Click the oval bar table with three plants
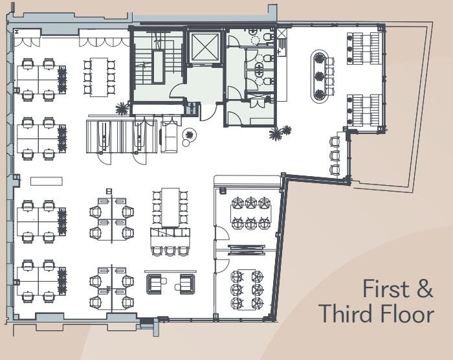pos(319,76)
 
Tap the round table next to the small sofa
pos(190,135)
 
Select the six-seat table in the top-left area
pos(98,77)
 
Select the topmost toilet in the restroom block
pos(266,38)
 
